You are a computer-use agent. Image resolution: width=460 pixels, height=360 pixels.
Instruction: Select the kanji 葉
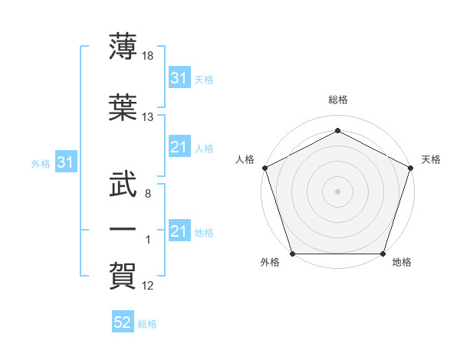pyautogui.click(x=123, y=106)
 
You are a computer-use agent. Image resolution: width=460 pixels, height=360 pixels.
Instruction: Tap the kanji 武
pyautogui.click(x=123, y=182)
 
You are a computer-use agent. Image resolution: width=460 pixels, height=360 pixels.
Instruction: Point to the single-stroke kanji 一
pyautogui.click(x=123, y=228)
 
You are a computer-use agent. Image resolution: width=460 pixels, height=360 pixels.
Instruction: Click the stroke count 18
pyautogui.click(x=149, y=56)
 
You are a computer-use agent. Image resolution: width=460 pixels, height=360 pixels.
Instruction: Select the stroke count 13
pyautogui.click(x=149, y=117)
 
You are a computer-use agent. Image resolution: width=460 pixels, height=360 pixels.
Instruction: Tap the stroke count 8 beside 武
pyautogui.click(x=147, y=194)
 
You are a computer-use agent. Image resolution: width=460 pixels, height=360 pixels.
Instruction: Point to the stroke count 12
pyautogui.click(x=149, y=286)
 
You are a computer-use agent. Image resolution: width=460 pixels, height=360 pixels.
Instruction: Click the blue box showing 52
pyautogui.click(x=123, y=322)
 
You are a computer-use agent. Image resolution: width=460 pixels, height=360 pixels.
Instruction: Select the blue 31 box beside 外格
pyautogui.click(x=65, y=162)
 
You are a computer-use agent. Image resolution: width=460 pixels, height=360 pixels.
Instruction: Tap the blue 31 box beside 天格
pyautogui.click(x=179, y=78)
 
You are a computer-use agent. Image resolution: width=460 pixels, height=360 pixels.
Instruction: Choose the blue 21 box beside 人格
pyautogui.click(x=179, y=147)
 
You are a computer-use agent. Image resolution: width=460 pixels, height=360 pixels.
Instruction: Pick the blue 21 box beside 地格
pyautogui.click(x=179, y=231)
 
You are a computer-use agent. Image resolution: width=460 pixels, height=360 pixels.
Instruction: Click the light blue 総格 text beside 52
pyautogui.click(x=148, y=324)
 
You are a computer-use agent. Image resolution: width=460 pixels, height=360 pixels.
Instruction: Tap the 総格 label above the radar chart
pyautogui.click(x=338, y=100)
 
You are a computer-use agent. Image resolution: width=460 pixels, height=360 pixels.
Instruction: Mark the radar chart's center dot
pyautogui.click(x=338, y=191)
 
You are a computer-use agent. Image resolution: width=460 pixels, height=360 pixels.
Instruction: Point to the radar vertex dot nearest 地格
pyautogui.click(x=383, y=254)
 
